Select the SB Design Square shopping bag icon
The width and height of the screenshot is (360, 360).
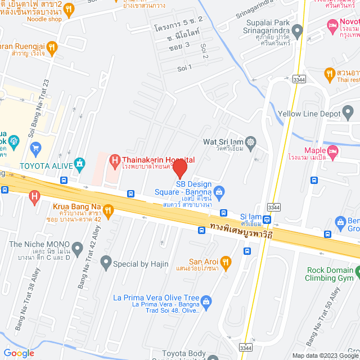point(219,192)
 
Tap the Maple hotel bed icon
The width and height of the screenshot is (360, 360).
point(333,150)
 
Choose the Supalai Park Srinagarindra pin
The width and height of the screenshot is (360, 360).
point(298,29)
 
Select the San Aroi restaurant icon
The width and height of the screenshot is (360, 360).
point(226,262)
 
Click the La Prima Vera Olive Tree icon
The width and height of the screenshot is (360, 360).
point(206,301)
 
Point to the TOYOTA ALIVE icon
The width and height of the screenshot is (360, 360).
point(80,165)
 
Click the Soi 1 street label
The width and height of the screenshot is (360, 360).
point(184,67)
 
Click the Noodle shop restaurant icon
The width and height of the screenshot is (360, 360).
point(69,9)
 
